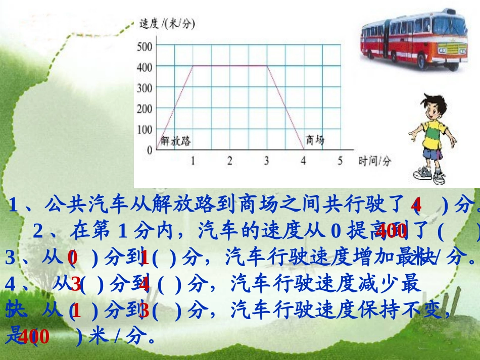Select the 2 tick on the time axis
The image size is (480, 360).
click(229, 161)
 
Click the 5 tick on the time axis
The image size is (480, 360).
click(340, 161)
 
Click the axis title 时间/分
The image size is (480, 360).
click(375, 161)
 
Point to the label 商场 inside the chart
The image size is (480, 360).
click(315, 140)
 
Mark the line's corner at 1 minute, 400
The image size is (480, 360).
click(193, 65)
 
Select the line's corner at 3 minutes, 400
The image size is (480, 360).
click(266, 65)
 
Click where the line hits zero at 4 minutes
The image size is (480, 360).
click(303, 149)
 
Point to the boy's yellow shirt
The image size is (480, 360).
click(433, 133)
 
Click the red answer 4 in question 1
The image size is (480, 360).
click(416, 205)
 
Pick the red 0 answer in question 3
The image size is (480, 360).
click(73, 258)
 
